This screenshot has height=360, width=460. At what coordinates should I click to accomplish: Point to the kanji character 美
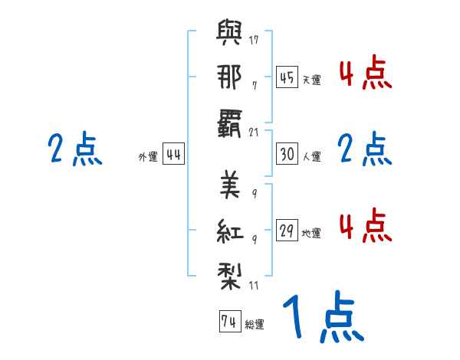[230, 185]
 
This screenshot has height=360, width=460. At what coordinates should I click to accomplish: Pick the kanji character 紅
[230, 229]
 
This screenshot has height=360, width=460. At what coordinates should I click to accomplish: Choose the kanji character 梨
[230, 273]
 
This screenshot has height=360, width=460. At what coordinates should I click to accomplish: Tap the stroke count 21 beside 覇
[255, 131]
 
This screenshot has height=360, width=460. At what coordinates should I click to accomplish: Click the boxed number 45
[287, 77]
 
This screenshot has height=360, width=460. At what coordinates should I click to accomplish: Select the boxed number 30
[287, 154]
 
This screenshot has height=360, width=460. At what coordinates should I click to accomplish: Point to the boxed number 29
[287, 231]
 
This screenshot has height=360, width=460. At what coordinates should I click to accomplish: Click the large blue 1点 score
[322, 318]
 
